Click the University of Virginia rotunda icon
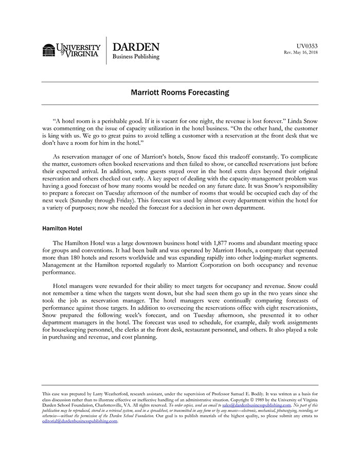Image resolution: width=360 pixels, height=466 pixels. pyautogui.click(x=49, y=50)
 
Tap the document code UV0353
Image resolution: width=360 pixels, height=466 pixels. pyautogui.click(x=307, y=46)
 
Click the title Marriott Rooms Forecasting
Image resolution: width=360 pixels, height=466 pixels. pyautogui.click(x=179, y=93)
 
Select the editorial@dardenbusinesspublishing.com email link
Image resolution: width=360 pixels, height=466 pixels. pyautogui.click(x=80, y=421)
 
